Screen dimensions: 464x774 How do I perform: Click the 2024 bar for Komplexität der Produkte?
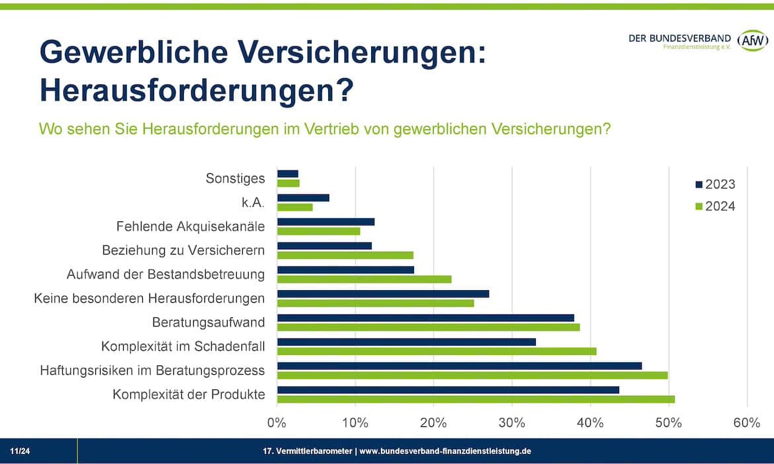[476, 399]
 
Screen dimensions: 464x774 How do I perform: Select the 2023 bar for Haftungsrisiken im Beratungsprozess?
[459, 366]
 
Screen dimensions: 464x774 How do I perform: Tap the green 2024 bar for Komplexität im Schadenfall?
[437, 351]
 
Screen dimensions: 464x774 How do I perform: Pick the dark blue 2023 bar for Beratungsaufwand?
[425, 317]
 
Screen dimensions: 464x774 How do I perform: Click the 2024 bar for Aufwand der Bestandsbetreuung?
[364, 279]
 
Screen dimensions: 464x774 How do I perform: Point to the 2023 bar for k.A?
[303, 198]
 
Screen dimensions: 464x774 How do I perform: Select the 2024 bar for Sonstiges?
[288, 183]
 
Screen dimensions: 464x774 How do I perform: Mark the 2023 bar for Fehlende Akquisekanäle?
[325, 221]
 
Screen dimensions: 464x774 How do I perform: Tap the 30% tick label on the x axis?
[511, 423]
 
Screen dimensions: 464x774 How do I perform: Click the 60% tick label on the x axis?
[747, 423]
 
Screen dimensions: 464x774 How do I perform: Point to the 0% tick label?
[277, 423]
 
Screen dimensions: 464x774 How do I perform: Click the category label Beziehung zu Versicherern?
[183, 251]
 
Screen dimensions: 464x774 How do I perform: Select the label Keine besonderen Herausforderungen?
[149, 299]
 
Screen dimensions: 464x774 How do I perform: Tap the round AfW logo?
[752, 41]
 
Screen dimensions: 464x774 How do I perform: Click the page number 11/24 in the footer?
[20, 451]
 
